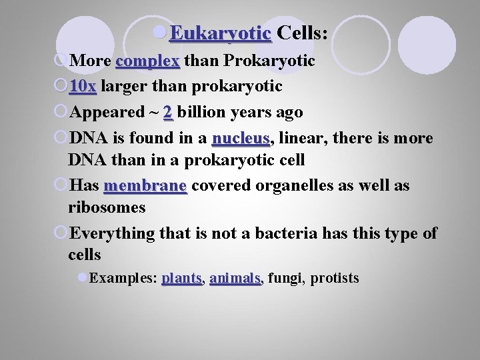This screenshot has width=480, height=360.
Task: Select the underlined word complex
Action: click(x=147, y=61)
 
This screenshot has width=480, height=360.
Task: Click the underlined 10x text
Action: click(x=83, y=87)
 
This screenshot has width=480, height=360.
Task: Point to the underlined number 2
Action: click(x=167, y=113)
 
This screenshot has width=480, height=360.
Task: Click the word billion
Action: click(x=203, y=113)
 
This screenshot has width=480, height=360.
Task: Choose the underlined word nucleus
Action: click(x=241, y=139)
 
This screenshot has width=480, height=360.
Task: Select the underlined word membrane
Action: click(x=145, y=186)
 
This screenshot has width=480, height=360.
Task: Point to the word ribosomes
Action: click(x=107, y=207)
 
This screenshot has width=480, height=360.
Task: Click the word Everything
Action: click(x=112, y=233)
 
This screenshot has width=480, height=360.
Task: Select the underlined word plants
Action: click(x=181, y=278)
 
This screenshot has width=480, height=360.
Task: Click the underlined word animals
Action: click(x=235, y=278)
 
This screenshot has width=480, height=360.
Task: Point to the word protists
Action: click(x=334, y=278)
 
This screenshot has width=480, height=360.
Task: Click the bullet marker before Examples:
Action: click(x=82, y=277)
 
